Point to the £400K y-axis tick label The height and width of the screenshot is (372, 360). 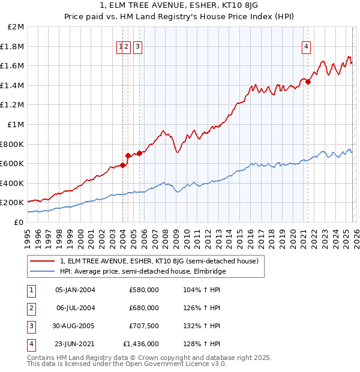click(12, 183)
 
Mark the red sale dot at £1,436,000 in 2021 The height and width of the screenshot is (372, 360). click(308, 82)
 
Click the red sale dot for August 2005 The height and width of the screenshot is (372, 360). click(139, 153)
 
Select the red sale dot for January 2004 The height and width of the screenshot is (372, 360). click(122, 166)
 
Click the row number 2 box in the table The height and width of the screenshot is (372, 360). click(31, 308)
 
